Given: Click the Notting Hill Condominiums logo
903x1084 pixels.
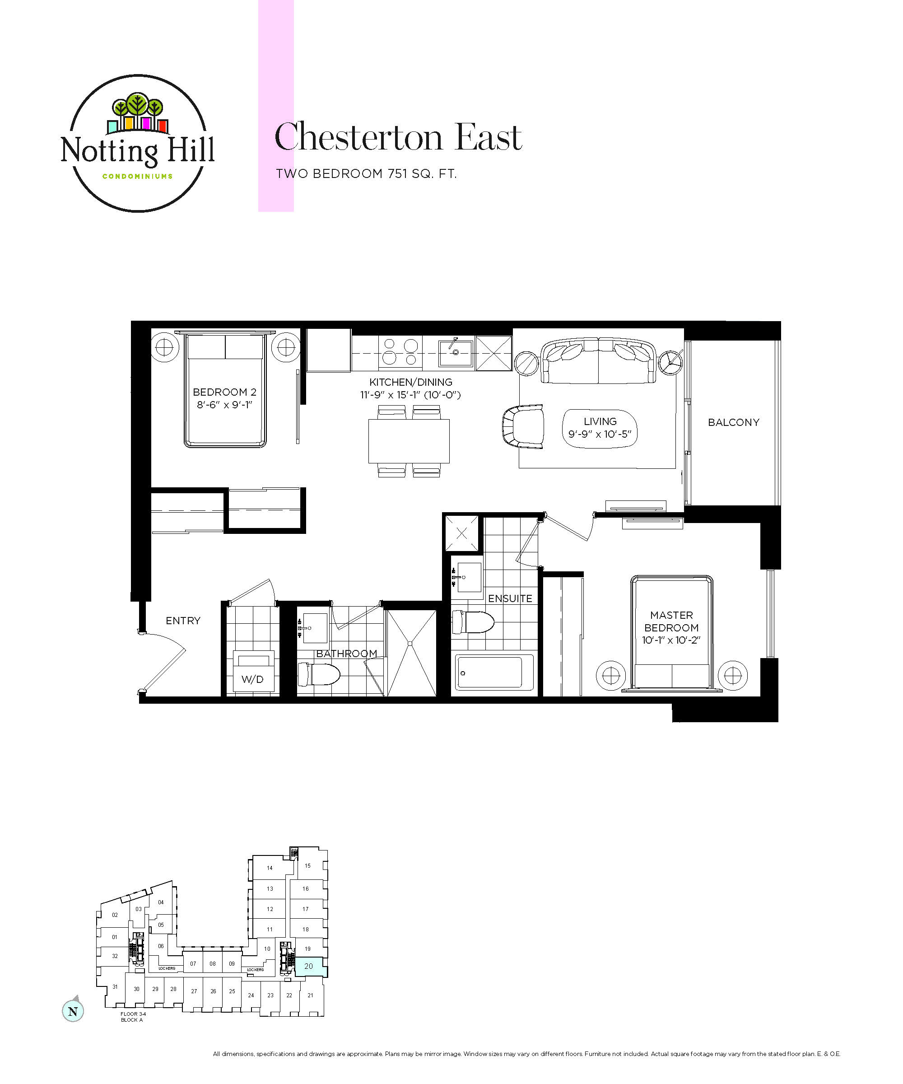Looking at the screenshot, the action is pyautogui.click(x=138, y=143).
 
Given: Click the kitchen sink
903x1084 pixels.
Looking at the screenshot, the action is pyautogui.click(x=456, y=353).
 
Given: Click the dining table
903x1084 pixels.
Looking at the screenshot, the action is pyautogui.click(x=409, y=441).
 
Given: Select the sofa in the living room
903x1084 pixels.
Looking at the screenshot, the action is pyautogui.click(x=599, y=360).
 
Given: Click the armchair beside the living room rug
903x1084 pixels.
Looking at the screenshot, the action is pyautogui.click(x=523, y=426).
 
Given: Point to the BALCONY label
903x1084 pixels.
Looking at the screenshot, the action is pyautogui.click(x=734, y=422).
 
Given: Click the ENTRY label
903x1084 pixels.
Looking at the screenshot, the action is pyautogui.click(x=183, y=621).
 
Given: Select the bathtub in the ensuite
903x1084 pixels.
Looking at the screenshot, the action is pyautogui.click(x=494, y=672).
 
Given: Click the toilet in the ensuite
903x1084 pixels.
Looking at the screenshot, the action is pyautogui.click(x=473, y=622).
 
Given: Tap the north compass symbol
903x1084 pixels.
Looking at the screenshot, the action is pyautogui.click(x=73, y=1011).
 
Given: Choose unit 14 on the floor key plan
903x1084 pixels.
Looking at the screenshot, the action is pyautogui.click(x=270, y=868).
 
